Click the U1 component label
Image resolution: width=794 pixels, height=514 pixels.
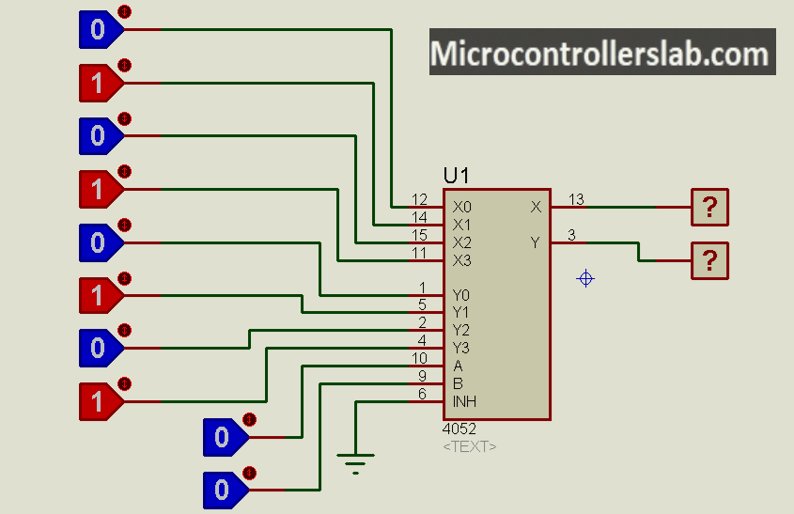pos(457,176)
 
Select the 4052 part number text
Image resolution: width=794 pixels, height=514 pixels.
pos(459,429)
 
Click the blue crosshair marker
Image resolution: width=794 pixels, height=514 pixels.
pos(585,278)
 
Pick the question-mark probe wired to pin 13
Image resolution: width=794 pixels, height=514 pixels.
pos(709,207)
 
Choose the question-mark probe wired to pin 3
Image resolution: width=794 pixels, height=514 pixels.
pos(709,260)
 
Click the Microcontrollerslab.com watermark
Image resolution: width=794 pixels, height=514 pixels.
pos(601,53)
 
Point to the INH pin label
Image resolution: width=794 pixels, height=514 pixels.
pos(464,401)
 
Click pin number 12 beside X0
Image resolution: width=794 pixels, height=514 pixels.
pos(419,200)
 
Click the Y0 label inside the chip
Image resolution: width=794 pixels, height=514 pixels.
pos(461,295)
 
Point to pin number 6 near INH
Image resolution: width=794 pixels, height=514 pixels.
pos(423,394)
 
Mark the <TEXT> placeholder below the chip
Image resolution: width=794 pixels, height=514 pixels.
pos(469,446)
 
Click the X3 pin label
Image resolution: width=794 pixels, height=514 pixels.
pos(461,260)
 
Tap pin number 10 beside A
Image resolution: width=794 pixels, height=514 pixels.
pos(419,358)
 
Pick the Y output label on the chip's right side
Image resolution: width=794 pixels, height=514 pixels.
pos(536,242)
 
